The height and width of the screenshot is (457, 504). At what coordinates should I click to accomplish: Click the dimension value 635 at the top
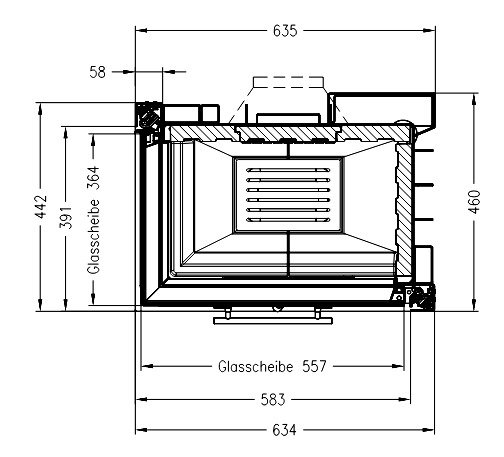(285, 31)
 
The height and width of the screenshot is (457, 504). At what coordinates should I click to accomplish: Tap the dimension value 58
(97, 72)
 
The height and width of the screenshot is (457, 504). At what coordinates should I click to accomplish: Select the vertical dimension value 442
(42, 207)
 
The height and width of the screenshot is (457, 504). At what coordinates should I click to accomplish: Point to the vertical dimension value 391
(66, 217)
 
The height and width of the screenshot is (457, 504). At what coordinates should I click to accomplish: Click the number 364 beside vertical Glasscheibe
(94, 178)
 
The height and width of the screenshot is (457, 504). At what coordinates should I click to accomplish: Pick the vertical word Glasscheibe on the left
(94, 237)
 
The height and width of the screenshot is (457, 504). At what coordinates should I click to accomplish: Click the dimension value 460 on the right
(474, 202)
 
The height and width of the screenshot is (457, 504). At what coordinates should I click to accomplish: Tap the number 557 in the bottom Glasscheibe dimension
(314, 366)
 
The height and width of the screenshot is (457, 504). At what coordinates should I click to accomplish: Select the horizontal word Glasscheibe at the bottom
(256, 366)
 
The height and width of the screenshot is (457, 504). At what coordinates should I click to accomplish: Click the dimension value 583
(273, 399)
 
